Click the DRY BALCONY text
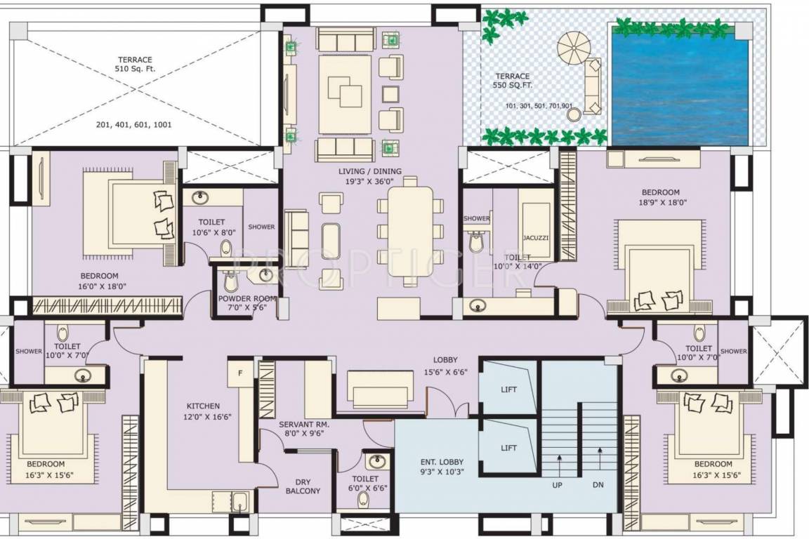[303, 486]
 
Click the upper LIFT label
[509, 390]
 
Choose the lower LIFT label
[509, 448]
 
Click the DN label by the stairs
[598, 485]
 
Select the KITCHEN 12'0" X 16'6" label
[203, 411]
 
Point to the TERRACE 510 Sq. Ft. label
[135, 65]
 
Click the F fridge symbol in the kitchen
[240, 373]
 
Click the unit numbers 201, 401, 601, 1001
[133, 126]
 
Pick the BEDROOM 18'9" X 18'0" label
[660, 197]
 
